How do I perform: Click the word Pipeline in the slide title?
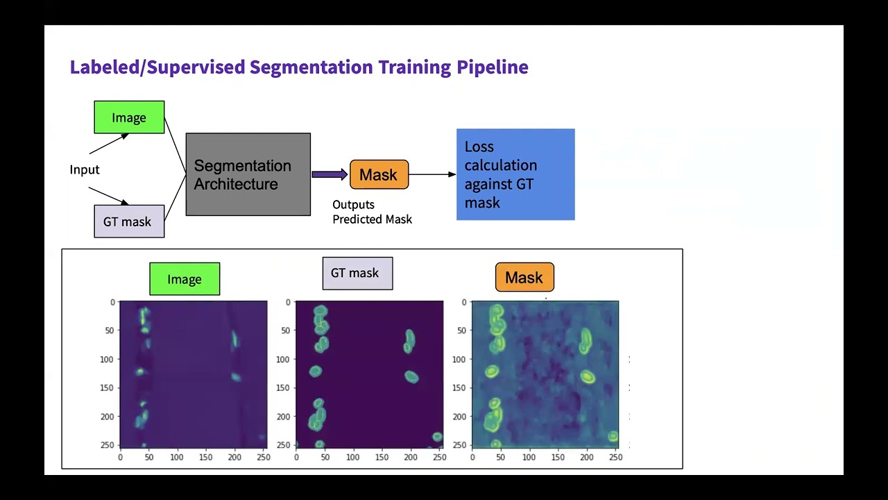[492, 67]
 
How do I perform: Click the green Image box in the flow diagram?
[129, 117]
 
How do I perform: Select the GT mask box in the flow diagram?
[129, 222]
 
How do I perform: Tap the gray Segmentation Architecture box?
[248, 174]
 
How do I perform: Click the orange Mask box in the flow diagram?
[379, 175]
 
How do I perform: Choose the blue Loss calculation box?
[515, 174]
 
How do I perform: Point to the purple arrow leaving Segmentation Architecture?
[330, 175]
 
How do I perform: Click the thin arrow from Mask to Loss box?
[432, 175]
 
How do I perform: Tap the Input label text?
[85, 169]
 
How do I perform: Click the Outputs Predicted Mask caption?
[372, 212]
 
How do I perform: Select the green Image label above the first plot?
[185, 279]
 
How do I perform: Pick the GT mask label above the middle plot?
[357, 273]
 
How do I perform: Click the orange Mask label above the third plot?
[524, 278]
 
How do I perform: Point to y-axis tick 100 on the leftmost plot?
[108, 360]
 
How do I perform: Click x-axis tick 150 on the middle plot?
[382, 457]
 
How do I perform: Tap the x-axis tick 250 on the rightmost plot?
[615, 457]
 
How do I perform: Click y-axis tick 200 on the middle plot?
[283, 417]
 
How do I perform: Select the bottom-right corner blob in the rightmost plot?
[613, 436]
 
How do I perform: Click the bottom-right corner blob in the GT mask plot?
[437, 437]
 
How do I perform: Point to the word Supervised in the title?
[196, 67]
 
